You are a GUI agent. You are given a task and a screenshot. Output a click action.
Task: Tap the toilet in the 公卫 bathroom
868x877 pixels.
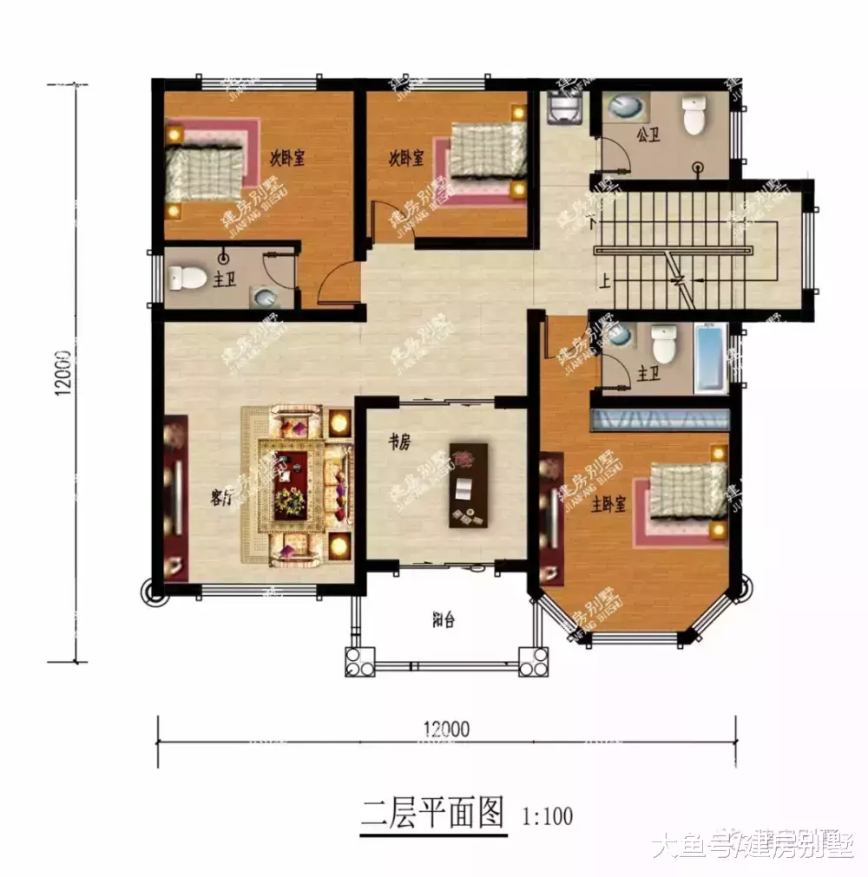694,116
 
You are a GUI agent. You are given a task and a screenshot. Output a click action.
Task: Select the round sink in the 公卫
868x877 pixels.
626,107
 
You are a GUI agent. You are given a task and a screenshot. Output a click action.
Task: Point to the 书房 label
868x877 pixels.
398,442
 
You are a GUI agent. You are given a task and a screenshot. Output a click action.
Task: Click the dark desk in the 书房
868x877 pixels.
469,486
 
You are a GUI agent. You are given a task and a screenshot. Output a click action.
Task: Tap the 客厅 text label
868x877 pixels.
223,498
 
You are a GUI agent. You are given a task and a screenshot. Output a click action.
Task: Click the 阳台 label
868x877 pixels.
444,620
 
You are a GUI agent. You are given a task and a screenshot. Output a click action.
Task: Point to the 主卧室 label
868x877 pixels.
608,505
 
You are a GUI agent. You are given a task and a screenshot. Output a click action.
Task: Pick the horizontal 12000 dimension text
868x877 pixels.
446,729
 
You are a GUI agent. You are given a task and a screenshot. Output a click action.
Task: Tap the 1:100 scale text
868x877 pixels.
548,816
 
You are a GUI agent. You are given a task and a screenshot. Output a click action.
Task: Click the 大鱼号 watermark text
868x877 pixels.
693,844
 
